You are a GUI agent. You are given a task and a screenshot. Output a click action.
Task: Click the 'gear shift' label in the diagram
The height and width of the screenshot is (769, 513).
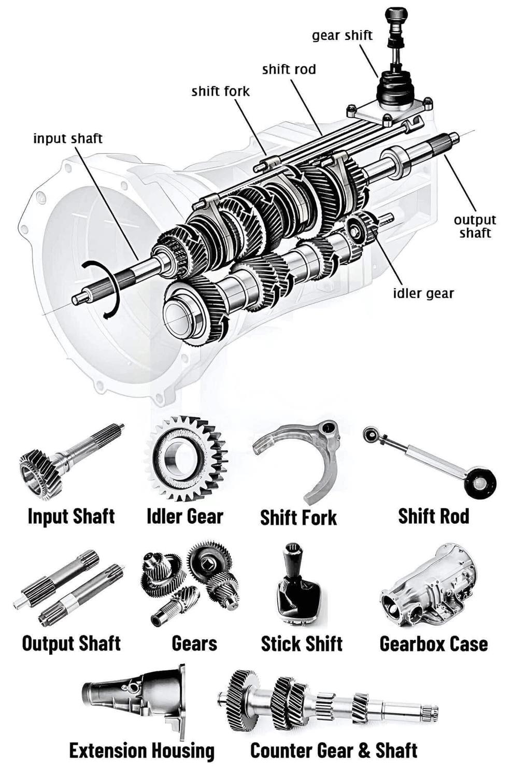coord(342,36)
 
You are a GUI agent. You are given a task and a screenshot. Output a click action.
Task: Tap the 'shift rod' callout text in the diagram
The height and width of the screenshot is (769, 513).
coord(289,69)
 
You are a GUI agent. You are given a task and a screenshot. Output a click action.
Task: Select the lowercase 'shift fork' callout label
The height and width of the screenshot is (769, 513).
coord(220,92)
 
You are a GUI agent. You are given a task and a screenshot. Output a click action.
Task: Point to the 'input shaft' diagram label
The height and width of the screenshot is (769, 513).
coord(68,139)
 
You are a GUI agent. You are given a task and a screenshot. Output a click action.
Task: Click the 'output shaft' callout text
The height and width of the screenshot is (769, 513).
coord(475,226)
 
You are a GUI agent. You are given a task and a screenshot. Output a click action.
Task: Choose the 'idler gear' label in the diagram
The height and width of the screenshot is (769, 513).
coord(423,294)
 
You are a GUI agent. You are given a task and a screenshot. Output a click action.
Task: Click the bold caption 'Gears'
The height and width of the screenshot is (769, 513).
coord(194,644)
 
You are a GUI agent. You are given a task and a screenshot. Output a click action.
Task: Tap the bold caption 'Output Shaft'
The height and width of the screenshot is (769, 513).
coord(72,644)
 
